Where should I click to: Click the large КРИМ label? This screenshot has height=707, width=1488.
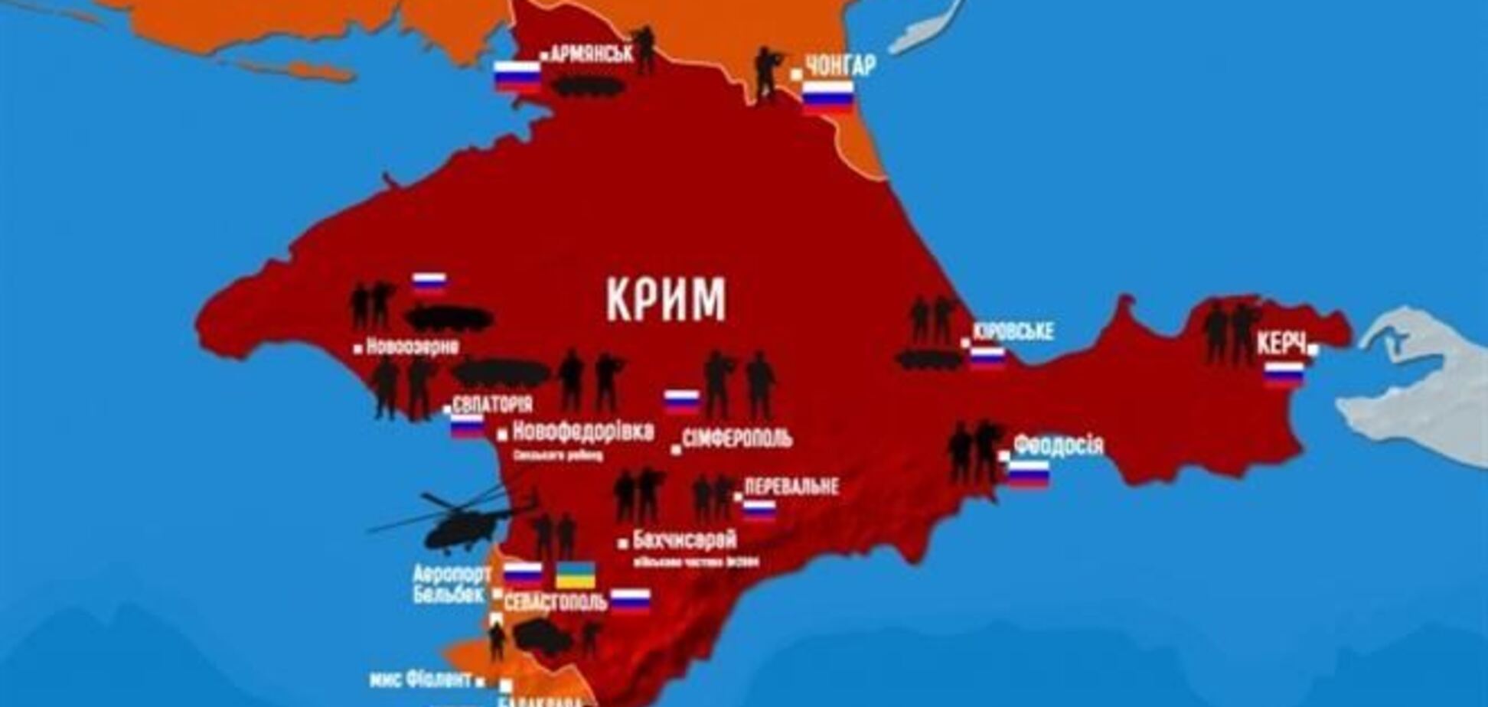[x=666, y=299]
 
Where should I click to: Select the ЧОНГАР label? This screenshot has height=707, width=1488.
[x=840, y=67]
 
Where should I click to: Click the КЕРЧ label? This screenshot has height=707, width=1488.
[x=1280, y=345]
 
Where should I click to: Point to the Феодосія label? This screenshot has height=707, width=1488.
[x=1059, y=445]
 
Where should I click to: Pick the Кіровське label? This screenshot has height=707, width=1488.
[x=1013, y=331]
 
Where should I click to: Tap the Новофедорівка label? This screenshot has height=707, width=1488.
[x=582, y=432]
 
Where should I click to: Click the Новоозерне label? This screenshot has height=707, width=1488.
[x=413, y=347]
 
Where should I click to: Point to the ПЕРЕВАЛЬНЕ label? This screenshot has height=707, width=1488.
[x=791, y=487]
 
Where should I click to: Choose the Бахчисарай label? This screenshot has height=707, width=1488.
[x=684, y=540]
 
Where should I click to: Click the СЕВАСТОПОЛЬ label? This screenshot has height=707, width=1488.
[x=555, y=601]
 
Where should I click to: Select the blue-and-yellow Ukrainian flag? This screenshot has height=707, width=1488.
[x=575, y=574]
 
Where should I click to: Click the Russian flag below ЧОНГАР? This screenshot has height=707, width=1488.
[x=827, y=96]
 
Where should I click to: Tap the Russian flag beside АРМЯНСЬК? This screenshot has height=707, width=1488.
[x=517, y=76]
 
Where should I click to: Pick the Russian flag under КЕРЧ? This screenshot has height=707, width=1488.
[x=1284, y=373]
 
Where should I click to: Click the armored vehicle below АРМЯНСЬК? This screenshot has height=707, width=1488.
[x=587, y=86]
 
